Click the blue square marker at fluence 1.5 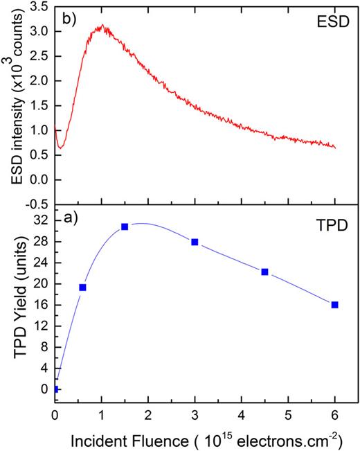tap(125, 227)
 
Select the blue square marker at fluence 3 tap(195, 242)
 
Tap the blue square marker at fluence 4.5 tap(264, 272)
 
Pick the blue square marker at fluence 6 tap(335, 305)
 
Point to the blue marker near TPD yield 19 tap(82, 287)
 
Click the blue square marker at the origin tap(55, 389)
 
